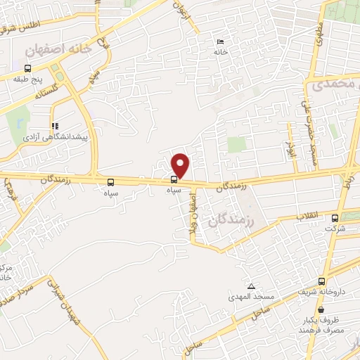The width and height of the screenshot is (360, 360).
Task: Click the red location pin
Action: click(x=181, y=165)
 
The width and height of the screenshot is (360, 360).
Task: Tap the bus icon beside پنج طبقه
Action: click(x=27, y=68)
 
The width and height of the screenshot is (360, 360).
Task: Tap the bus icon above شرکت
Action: click(x=335, y=218)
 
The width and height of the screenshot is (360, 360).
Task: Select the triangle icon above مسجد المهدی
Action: click(x=251, y=286)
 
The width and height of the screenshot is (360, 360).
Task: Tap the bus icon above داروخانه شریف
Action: click(x=321, y=282)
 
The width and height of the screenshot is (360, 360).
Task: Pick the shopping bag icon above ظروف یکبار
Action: click(x=321, y=310)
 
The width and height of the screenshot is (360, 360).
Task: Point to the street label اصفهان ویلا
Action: click(x=191, y=214)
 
